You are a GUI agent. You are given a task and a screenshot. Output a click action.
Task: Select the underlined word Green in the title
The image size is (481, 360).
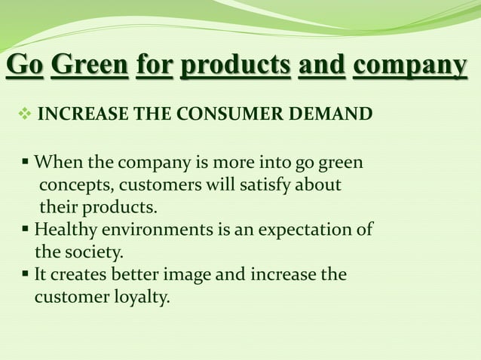click(90, 66)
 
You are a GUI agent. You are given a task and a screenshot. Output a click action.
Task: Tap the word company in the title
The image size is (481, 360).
click(410, 66)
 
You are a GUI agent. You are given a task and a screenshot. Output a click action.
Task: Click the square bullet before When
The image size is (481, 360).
click(26, 162)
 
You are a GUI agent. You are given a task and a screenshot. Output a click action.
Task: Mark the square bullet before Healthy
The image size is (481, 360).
click(26, 229)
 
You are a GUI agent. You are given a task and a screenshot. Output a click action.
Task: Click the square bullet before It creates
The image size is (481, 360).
click(26, 274)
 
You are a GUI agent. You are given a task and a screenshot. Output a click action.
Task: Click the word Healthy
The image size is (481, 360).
click(63, 229)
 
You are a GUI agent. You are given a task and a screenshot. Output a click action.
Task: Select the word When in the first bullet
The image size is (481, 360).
click(58, 162)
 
